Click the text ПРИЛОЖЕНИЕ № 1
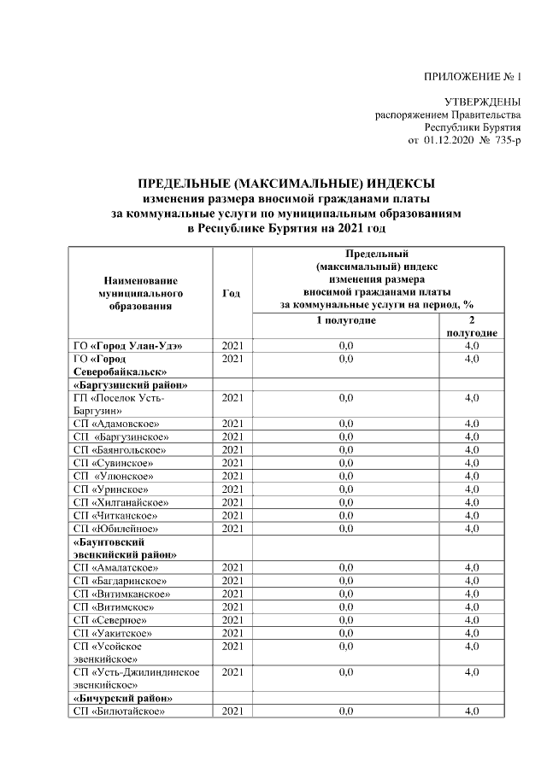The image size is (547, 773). click(472, 78)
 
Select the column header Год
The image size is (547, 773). click(231, 293)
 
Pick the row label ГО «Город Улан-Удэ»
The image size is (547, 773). click(128, 346)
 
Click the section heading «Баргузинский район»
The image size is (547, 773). click(130, 384)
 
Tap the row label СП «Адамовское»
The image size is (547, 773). click(116, 424)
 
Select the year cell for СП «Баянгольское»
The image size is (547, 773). click(232, 449)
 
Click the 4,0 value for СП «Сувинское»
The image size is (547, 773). click(471, 463)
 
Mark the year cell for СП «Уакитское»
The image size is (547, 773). click(232, 632)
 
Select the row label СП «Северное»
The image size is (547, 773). click(111, 619)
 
